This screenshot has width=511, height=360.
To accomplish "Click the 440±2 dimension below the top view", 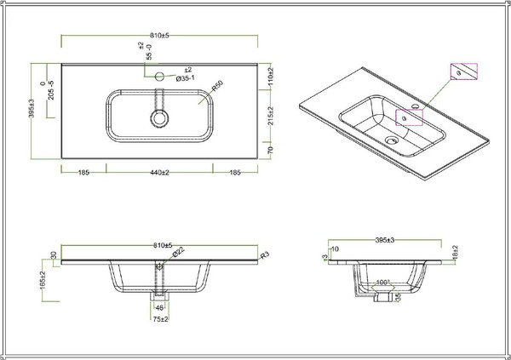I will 158,173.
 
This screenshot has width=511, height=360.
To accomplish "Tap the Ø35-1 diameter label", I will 185,78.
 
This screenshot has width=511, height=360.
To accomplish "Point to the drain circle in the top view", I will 158,117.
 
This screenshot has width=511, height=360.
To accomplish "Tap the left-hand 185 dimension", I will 83,173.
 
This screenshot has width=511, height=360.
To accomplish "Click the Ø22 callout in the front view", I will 177,253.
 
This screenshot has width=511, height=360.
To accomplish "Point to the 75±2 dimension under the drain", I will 158,321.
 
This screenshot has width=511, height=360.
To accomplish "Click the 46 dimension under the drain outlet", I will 158,308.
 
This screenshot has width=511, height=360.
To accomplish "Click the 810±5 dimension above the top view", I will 158,36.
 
